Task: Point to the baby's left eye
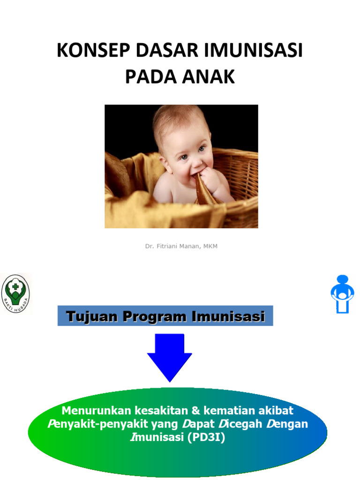(x=202, y=149)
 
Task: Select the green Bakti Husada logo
(x=15, y=294)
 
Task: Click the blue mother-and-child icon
(x=343, y=294)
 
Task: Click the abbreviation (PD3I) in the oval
(x=205, y=438)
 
